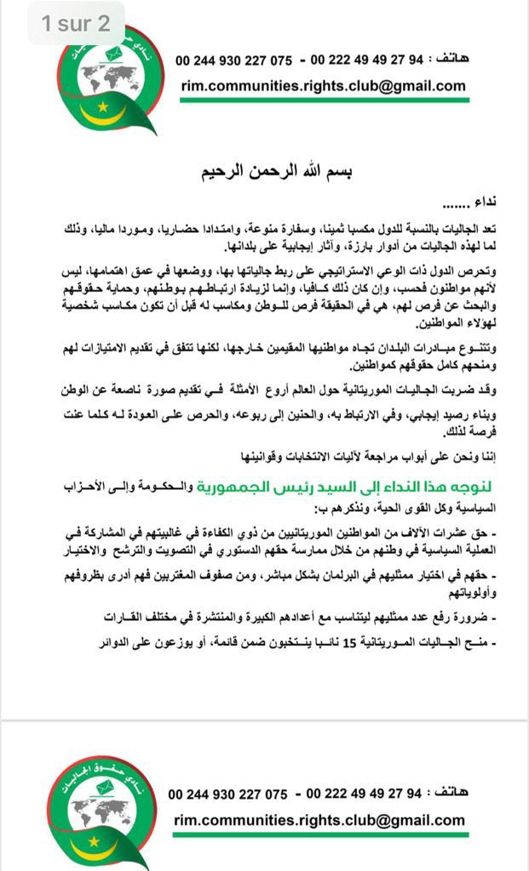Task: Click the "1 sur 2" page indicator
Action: coord(76,23)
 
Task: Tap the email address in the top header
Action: coord(323,85)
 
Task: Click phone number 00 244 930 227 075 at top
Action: coord(233,60)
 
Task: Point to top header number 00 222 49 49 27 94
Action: coord(366,60)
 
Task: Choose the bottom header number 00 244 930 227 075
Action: coord(227,794)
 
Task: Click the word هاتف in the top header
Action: coord(451,60)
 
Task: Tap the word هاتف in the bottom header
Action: coord(449,793)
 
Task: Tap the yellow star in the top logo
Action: coord(104,106)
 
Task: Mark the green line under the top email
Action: coord(324,100)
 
